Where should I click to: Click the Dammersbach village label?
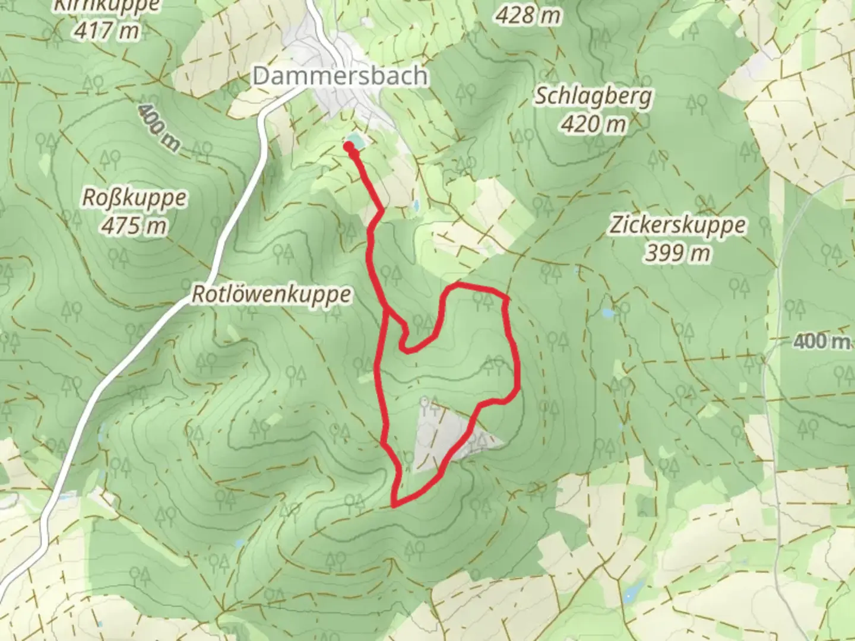340,76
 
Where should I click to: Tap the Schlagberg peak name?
593,96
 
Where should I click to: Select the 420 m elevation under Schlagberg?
593,125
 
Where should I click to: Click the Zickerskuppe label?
677,226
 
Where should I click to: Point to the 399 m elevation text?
677,253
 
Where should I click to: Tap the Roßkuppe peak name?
134,198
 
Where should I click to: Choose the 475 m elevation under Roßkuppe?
134,226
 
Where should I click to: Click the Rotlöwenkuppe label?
271,294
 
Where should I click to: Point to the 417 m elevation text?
107,30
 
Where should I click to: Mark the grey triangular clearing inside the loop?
442,433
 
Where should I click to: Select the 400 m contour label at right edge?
822,341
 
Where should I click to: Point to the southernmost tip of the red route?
394,505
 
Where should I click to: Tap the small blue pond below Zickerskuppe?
607,313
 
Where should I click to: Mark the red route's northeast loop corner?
505,297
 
